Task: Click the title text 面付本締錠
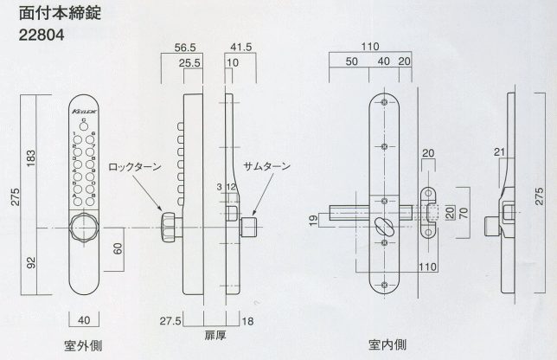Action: click(x=60, y=16)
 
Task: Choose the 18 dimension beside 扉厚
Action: click(x=248, y=322)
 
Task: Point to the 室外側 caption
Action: click(x=84, y=345)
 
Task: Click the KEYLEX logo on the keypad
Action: click(x=83, y=112)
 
